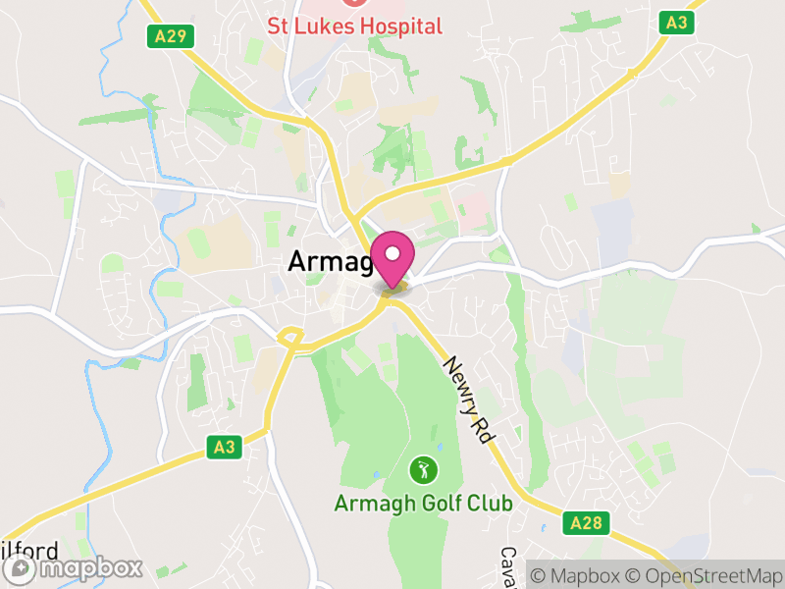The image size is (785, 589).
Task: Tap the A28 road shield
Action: [583, 525]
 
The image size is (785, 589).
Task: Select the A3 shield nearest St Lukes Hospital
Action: [676, 23]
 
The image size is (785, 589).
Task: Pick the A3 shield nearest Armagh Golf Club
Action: [225, 448]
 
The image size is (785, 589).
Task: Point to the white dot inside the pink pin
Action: [392, 255]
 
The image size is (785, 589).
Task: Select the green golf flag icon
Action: [423, 470]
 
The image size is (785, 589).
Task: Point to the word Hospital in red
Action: [399, 27]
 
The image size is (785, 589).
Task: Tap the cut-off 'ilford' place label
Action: [29, 551]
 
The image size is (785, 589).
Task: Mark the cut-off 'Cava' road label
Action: [508, 567]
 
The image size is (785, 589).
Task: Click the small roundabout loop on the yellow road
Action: [289, 338]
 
